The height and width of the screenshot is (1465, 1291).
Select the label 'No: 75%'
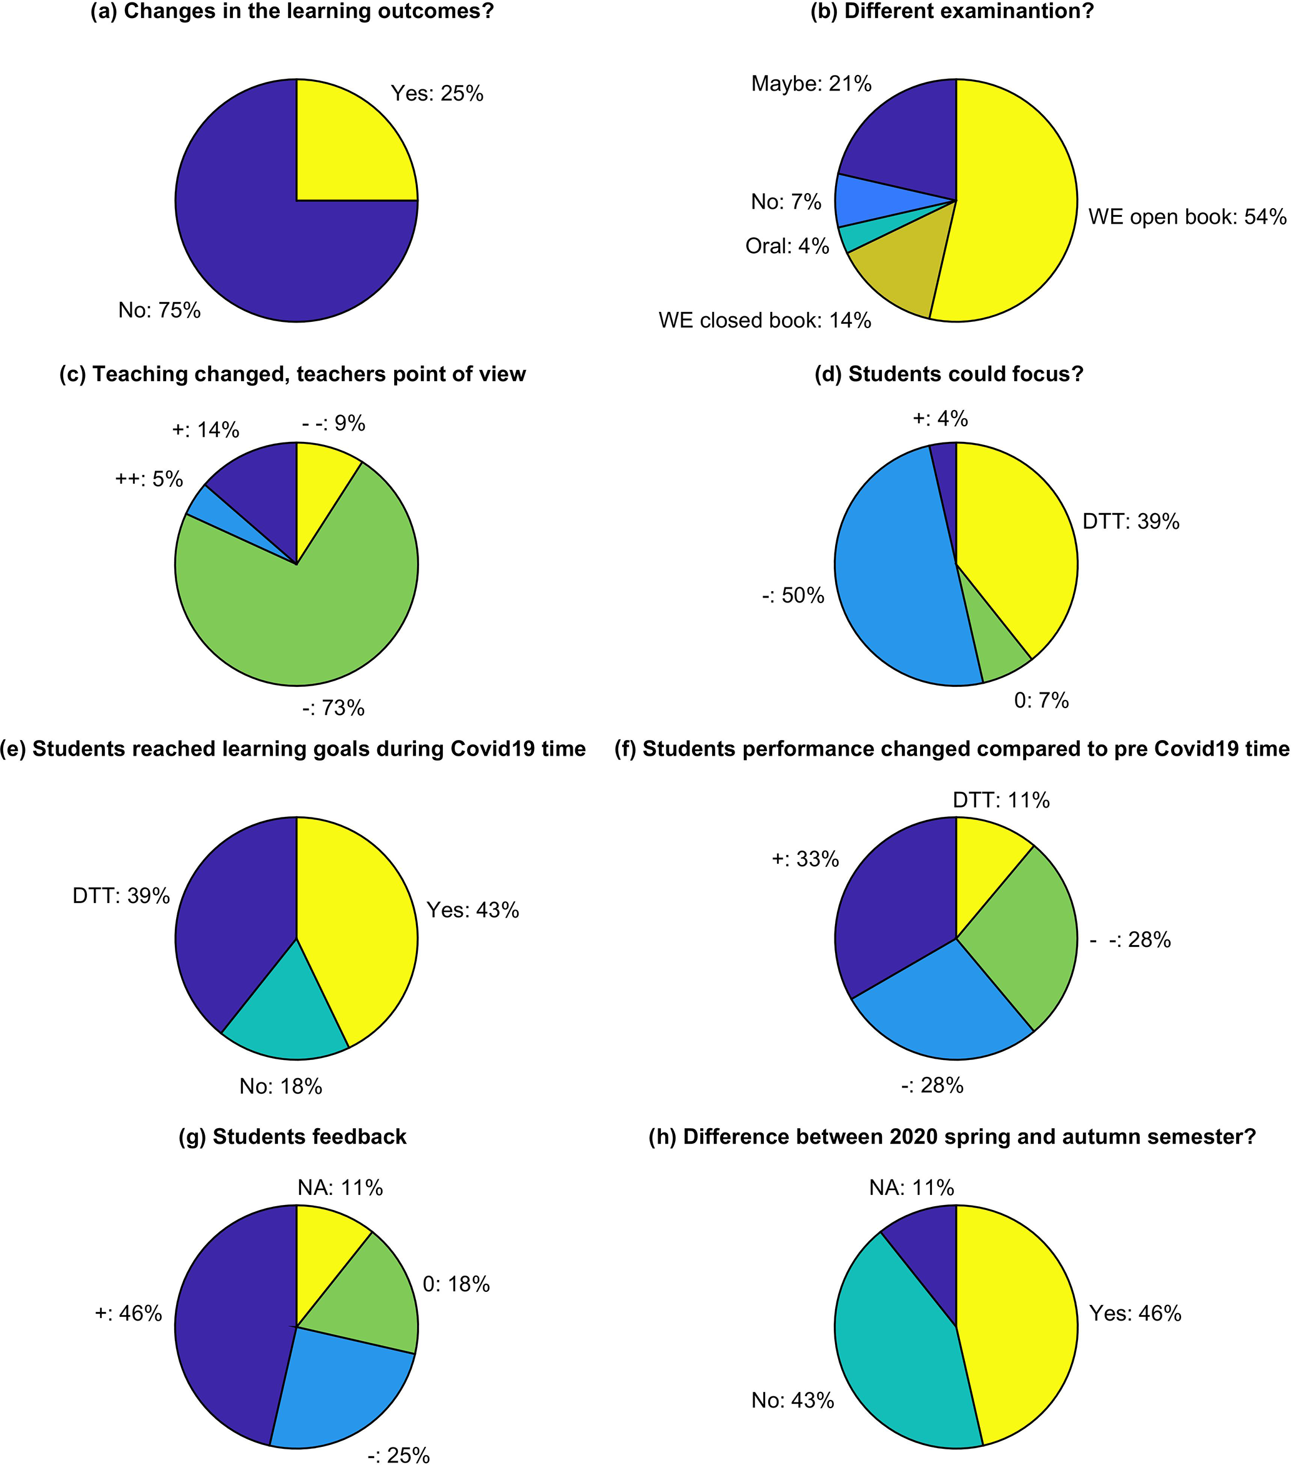pyautogui.click(x=159, y=311)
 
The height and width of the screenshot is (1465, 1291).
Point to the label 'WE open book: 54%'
pyautogui.click(x=1187, y=217)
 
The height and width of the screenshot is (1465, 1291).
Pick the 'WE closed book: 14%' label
pyautogui.click(x=764, y=321)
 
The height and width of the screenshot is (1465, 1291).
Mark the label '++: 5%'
pyautogui.click(x=149, y=479)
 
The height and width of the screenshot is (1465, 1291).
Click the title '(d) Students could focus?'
pyautogui.click(x=949, y=374)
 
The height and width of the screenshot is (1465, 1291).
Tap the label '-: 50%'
pyautogui.click(x=793, y=596)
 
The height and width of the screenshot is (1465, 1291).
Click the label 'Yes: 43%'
pyautogui.click(x=473, y=910)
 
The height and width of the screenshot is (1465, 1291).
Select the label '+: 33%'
pyautogui.click(x=804, y=859)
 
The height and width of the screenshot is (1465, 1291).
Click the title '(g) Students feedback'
pyautogui.click(x=292, y=1137)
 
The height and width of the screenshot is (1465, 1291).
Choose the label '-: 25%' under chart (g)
pyautogui.click(x=398, y=1456)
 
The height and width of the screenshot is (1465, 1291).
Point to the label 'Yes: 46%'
pyautogui.click(x=1135, y=1313)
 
